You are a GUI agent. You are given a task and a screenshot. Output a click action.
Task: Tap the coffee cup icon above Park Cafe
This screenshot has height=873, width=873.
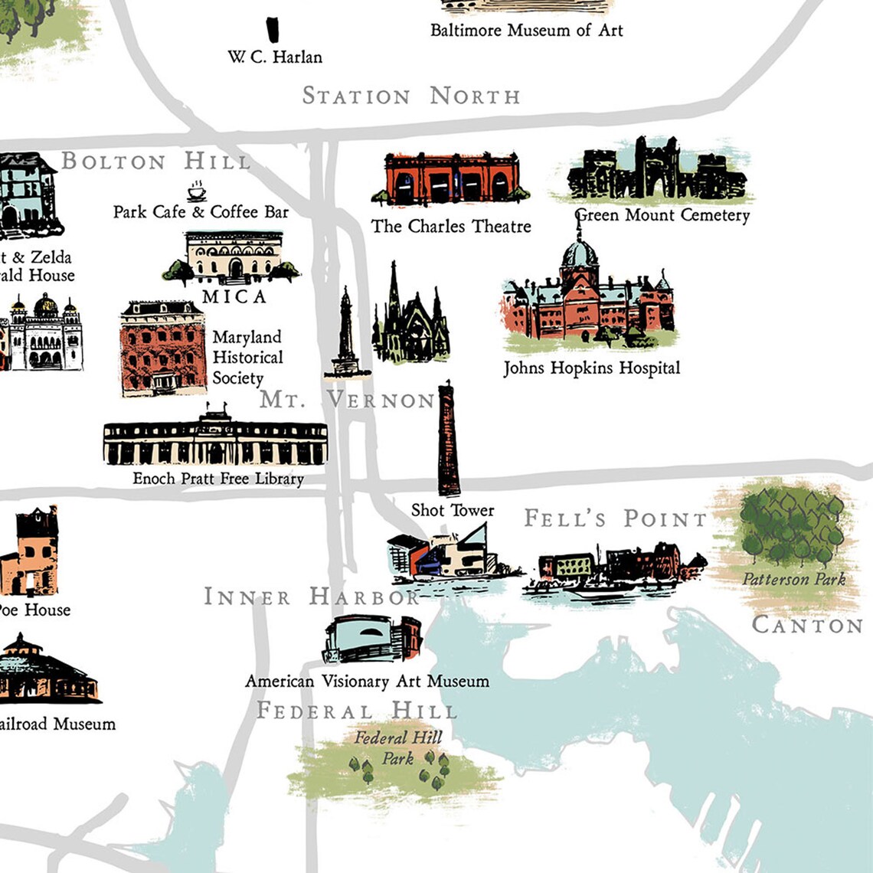click(197, 191)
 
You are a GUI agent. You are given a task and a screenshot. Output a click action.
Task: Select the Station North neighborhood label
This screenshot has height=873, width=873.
click(411, 96)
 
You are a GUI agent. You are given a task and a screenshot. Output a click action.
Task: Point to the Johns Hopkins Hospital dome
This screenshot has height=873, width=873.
click(580, 253)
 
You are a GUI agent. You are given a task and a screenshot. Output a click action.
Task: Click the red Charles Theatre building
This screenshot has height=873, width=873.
click(450, 178)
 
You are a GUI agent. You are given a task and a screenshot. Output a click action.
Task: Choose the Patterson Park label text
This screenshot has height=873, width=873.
click(793, 579)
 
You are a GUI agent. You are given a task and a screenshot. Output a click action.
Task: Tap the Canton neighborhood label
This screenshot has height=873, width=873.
click(807, 625)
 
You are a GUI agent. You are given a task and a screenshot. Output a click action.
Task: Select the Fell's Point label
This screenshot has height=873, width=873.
click(616, 518)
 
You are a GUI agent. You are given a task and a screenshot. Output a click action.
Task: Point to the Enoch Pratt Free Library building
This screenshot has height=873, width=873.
click(215, 442)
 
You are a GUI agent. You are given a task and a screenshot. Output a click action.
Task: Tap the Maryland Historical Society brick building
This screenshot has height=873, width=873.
click(163, 348)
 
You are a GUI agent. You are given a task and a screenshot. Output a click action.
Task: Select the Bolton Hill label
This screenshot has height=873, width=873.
click(155, 162)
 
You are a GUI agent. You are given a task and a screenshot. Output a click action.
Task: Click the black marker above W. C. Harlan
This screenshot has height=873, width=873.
click(272, 30)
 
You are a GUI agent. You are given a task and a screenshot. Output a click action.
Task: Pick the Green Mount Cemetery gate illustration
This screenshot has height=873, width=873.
click(657, 171)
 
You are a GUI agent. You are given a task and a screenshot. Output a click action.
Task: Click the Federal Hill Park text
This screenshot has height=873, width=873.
click(398, 748)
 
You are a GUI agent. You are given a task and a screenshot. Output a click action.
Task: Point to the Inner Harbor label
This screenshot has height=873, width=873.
click(311, 597)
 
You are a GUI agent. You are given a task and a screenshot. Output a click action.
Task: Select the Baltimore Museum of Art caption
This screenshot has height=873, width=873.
click(526, 31)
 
